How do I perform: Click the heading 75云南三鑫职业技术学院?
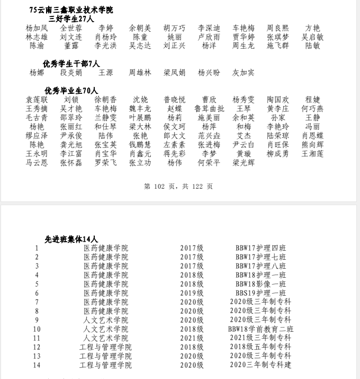coord(71,10)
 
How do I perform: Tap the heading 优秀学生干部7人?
coord(71,64)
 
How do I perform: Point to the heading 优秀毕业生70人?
coord(71,91)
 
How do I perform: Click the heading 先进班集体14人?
coord(71,239)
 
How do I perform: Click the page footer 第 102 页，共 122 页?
coord(178,187)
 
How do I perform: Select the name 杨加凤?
coord(37,28)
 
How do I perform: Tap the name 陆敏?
coord(312,46)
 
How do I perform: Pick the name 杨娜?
coord(37,73)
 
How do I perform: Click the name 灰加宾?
coord(243,73)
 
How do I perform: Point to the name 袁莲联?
coord(37,100)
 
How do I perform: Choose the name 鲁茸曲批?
coord(209,109)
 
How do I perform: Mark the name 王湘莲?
coord(312,154)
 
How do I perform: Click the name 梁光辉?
coord(243,163)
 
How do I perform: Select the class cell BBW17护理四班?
coord(260,248)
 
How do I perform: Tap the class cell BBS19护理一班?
coord(260,293)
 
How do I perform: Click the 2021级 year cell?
coord(192,338)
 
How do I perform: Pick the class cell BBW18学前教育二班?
coord(260,329)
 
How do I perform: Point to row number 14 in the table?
coord(37,365)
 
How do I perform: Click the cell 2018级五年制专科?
coord(260,347)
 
